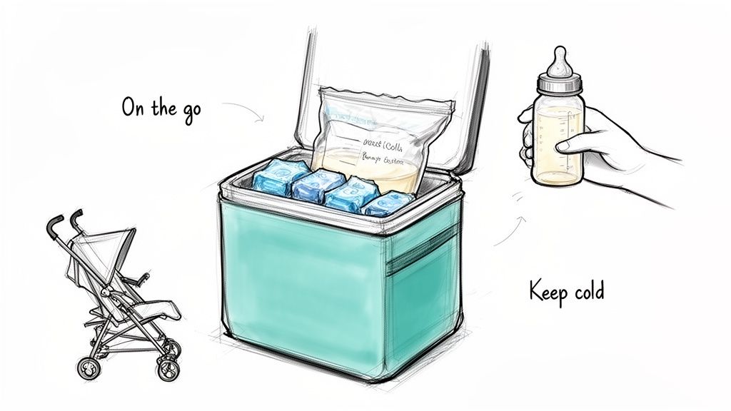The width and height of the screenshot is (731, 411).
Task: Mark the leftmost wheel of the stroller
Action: [x=89, y=367]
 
